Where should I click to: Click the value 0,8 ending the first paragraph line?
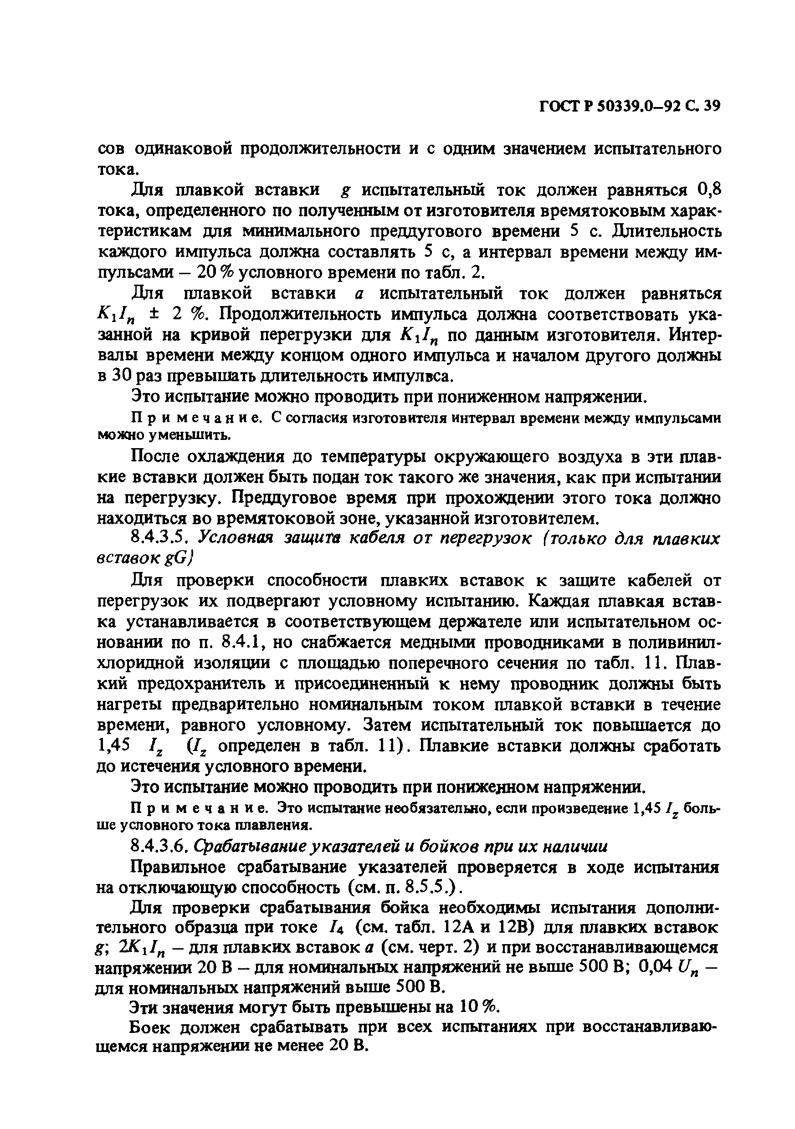click(709, 189)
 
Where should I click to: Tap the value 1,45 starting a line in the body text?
click(113, 746)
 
